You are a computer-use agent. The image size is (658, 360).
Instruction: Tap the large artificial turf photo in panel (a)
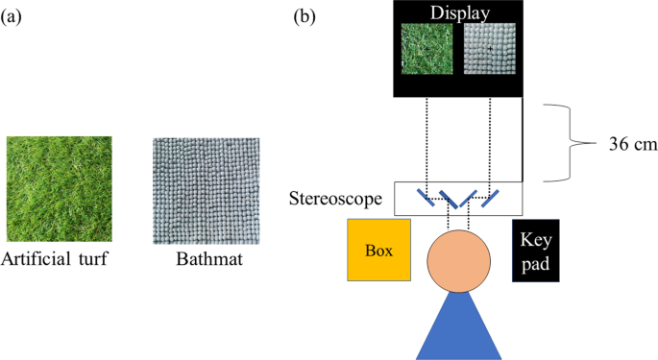[59, 190]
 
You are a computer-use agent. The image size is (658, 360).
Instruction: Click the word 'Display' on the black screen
[459, 12]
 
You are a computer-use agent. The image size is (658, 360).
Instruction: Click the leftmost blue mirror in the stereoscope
[425, 198]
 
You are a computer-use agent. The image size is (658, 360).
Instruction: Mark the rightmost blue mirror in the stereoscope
[492, 199]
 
